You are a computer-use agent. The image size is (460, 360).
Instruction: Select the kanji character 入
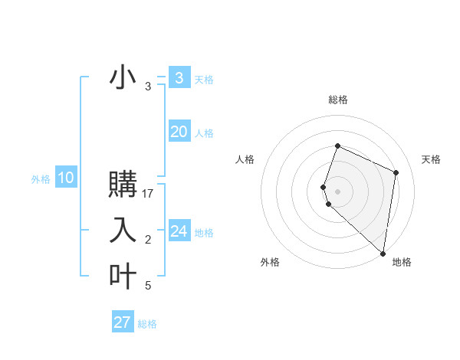[123, 231]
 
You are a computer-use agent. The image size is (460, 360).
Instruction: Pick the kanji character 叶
[123, 276]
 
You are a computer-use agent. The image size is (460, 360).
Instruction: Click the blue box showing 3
[179, 78]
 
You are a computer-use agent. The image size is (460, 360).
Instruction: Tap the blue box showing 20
[179, 132]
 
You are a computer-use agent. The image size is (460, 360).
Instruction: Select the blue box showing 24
[179, 231]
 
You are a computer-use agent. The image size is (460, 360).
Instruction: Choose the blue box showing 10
[66, 178]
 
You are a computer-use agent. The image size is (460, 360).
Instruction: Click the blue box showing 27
[123, 322]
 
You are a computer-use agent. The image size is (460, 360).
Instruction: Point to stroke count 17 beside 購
[148, 194]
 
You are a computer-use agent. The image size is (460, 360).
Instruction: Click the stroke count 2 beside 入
[148, 241]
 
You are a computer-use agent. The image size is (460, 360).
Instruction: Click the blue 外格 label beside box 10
[41, 179]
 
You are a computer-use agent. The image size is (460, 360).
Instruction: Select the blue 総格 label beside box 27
[147, 324]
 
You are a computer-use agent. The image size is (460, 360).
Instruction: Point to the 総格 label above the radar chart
[337, 100]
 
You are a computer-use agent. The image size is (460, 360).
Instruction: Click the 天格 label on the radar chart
[431, 159]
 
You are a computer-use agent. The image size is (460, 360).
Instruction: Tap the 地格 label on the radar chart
[402, 262]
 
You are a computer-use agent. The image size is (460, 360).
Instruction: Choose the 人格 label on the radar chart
[245, 159]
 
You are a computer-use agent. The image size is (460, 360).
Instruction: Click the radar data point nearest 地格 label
[383, 254]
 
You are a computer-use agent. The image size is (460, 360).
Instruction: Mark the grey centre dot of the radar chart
[337, 191]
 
